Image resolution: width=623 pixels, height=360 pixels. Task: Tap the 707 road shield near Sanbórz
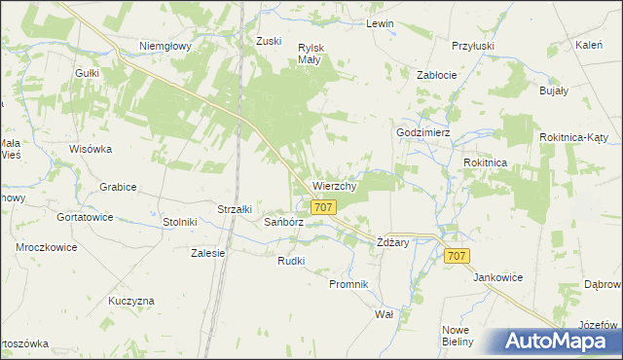pos(324,207)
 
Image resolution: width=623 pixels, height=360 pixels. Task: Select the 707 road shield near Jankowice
pos(458,256)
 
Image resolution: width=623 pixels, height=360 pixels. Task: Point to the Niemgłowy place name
pos(165,46)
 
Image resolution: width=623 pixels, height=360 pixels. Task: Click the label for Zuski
pos(269,41)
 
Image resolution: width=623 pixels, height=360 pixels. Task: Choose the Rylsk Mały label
pos(311,53)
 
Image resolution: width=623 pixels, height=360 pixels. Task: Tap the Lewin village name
pos(379,23)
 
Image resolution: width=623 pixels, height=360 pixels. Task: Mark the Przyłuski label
pos(473,45)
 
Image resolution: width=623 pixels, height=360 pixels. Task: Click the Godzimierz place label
pos(422,132)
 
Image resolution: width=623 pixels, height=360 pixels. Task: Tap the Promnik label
pos(348,284)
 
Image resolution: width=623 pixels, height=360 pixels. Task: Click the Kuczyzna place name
pos(131,301)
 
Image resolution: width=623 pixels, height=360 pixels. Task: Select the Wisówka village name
pos(92,149)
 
